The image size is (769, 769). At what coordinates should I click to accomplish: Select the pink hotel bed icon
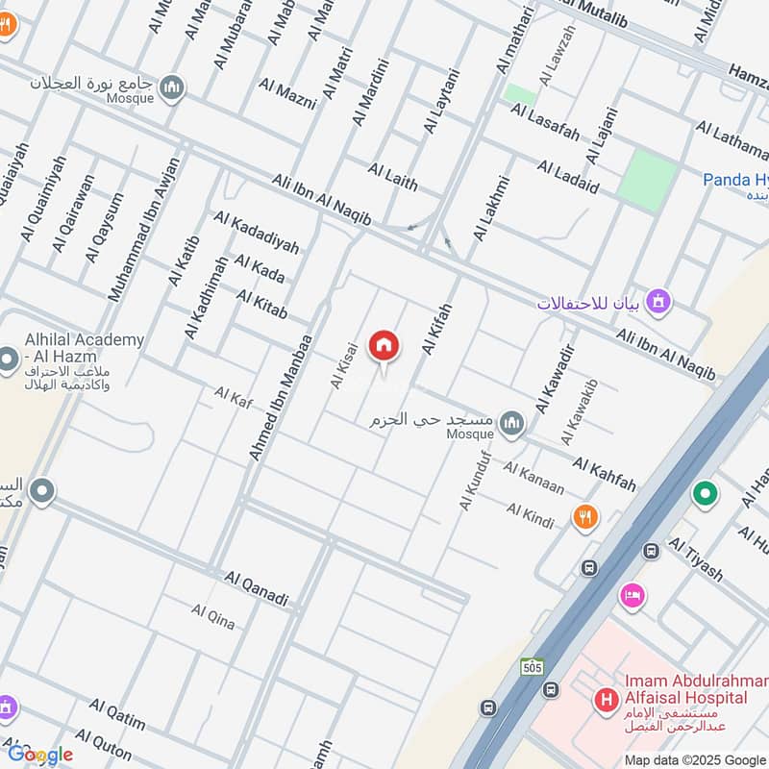point(632,595)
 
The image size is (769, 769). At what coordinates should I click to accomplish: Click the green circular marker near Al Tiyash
point(706,495)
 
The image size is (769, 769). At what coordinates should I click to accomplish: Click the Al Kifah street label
point(436,330)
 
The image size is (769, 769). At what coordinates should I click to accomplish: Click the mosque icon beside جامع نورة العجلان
point(173,87)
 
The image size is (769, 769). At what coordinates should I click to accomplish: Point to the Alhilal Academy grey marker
point(8,361)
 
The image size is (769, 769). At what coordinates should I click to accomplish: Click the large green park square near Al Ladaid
point(647,179)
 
